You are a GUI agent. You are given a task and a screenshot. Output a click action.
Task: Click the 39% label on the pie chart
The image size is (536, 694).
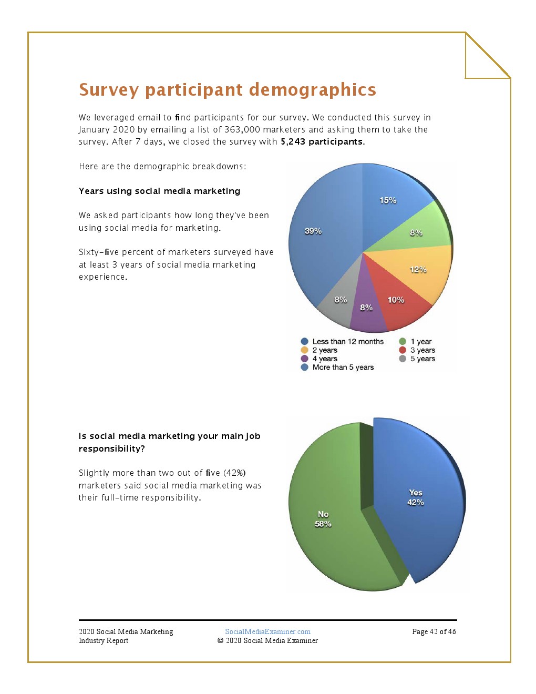coord(313,231)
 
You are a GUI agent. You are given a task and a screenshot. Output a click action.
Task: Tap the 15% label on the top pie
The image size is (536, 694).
coord(388,200)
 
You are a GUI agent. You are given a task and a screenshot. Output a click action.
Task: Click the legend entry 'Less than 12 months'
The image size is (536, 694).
coord(347,342)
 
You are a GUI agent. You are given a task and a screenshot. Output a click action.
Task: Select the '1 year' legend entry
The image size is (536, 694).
coord(420,342)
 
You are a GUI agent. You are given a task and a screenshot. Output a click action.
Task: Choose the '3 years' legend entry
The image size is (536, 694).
coord(422,350)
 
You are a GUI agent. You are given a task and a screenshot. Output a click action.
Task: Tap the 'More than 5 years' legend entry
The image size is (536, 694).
coord(343,368)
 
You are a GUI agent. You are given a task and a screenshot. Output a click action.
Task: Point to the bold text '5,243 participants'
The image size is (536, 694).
coord(322,142)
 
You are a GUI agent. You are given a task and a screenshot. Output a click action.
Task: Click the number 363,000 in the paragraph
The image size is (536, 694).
coord(242,130)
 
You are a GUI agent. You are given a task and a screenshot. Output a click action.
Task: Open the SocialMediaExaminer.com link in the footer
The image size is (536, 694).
coord(267,632)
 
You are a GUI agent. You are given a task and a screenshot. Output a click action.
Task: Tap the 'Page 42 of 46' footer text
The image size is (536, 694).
coord(434,632)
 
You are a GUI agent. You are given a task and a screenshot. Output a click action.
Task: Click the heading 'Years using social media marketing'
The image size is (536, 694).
coord(159,191)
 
